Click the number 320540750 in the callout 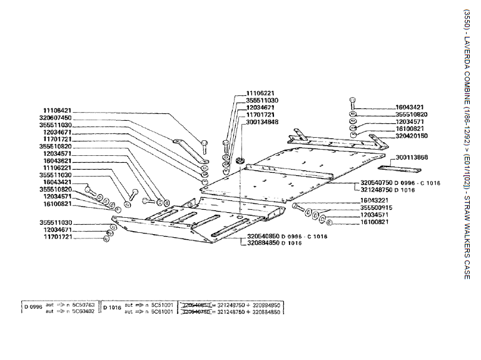(x=375, y=182)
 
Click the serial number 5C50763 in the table (x=82, y=304)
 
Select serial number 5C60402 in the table (x=82, y=311)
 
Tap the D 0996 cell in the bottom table (x=33, y=307)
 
